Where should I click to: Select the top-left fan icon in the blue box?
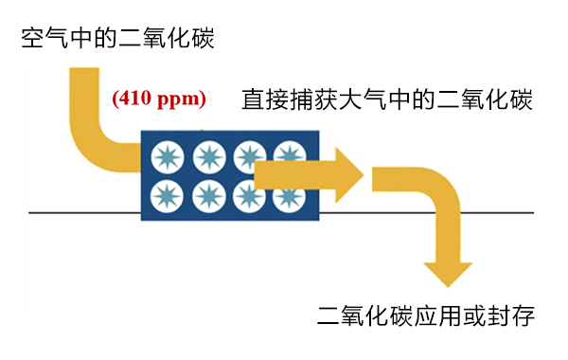pyautogui.click(x=167, y=153)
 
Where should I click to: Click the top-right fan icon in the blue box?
pyautogui.click(x=288, y=153)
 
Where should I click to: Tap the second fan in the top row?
pyautogui.click(x=207, y=153)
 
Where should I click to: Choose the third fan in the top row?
pyautogui.click(x=248, y=153)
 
